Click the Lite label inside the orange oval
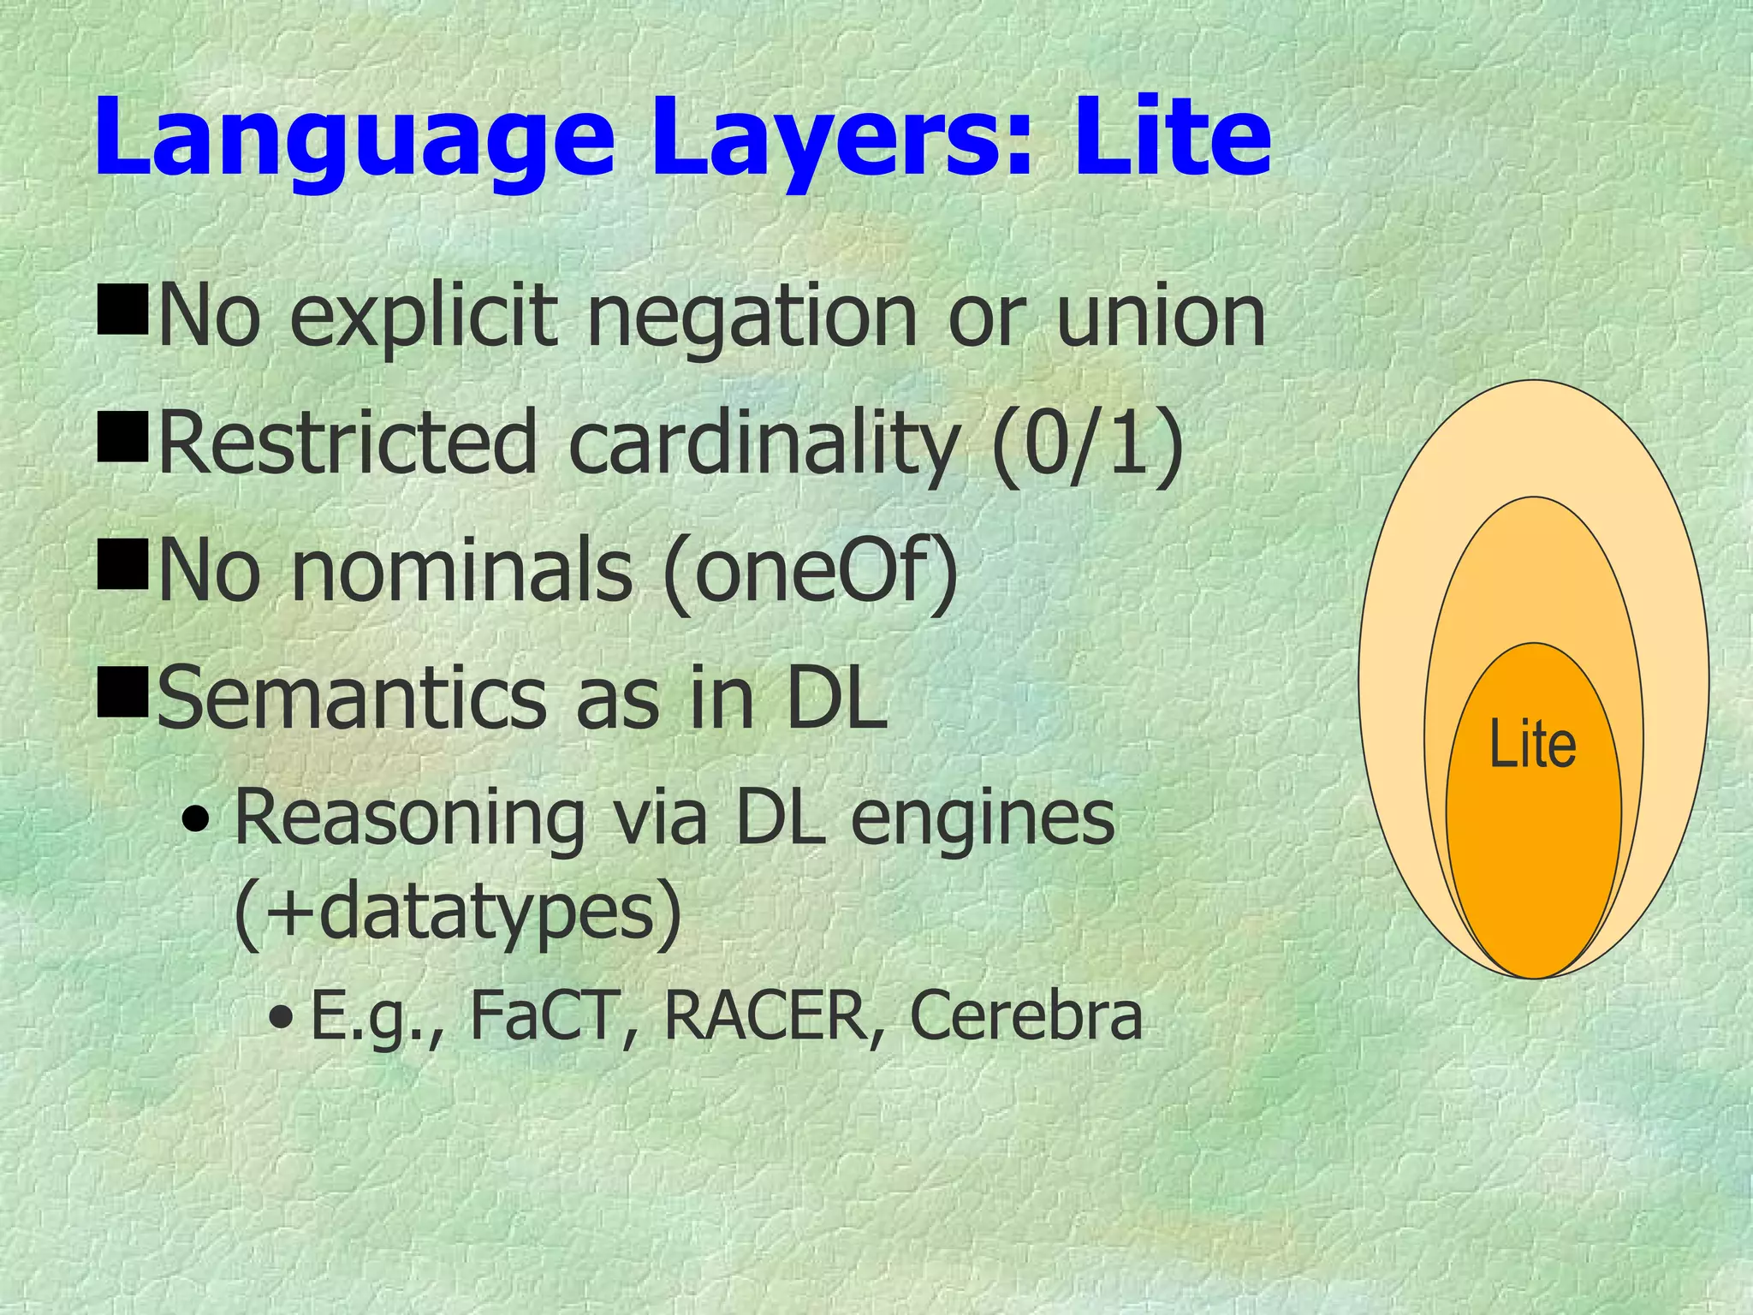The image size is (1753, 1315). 1532,745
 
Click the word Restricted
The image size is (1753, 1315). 347,443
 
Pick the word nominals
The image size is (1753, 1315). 462,569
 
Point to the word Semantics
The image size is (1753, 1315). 352,698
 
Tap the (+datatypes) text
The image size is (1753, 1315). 458,912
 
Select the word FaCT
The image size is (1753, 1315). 543,1016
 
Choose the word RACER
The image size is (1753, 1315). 764,1016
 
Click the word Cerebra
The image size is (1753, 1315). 1025,1016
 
